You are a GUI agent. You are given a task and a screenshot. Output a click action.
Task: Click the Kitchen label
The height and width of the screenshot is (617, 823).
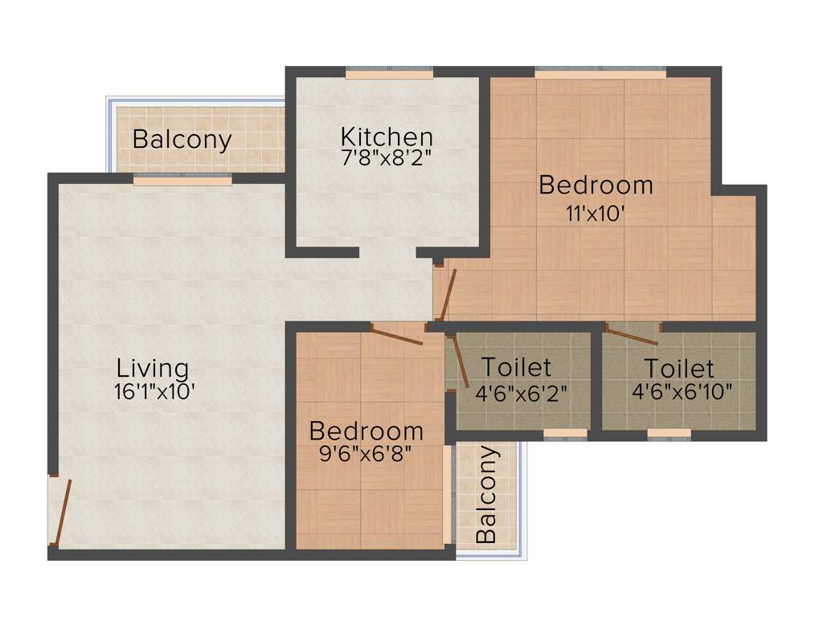click(x=387, y=136)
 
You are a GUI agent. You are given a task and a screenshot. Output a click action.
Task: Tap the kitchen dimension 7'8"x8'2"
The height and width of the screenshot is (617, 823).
click(x=387, y=157)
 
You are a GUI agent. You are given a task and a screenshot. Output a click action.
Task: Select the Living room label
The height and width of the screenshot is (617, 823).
click(x=153, y=369)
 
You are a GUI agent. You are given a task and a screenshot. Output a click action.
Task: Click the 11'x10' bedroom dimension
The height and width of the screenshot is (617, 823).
click(x=595, y=214)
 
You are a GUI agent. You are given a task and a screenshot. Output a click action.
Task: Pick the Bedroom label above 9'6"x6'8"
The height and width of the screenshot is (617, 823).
click(x=366, y=431)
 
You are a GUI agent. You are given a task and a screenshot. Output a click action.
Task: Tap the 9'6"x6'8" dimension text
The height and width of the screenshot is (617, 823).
click(x=366, y=453)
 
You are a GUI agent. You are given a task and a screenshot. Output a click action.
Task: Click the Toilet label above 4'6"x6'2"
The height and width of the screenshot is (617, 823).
click(x=516, y=367)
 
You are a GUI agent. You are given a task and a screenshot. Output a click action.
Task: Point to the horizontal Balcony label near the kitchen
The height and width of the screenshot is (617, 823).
click(x=182, y=139)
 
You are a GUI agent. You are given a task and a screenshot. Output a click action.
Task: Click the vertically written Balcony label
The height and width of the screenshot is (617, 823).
click(x=487, y=494)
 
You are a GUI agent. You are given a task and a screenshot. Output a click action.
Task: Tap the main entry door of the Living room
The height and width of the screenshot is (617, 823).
click(x=62, y=510)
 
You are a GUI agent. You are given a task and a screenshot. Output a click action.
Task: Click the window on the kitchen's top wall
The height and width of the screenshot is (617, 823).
click(x=390, y=75)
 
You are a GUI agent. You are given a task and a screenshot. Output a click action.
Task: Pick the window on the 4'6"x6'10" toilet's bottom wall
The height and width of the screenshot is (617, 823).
click(x=669, y=433)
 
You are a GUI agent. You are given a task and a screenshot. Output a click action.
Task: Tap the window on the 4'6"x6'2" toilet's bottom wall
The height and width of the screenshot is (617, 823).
click(x=565, y=433)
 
